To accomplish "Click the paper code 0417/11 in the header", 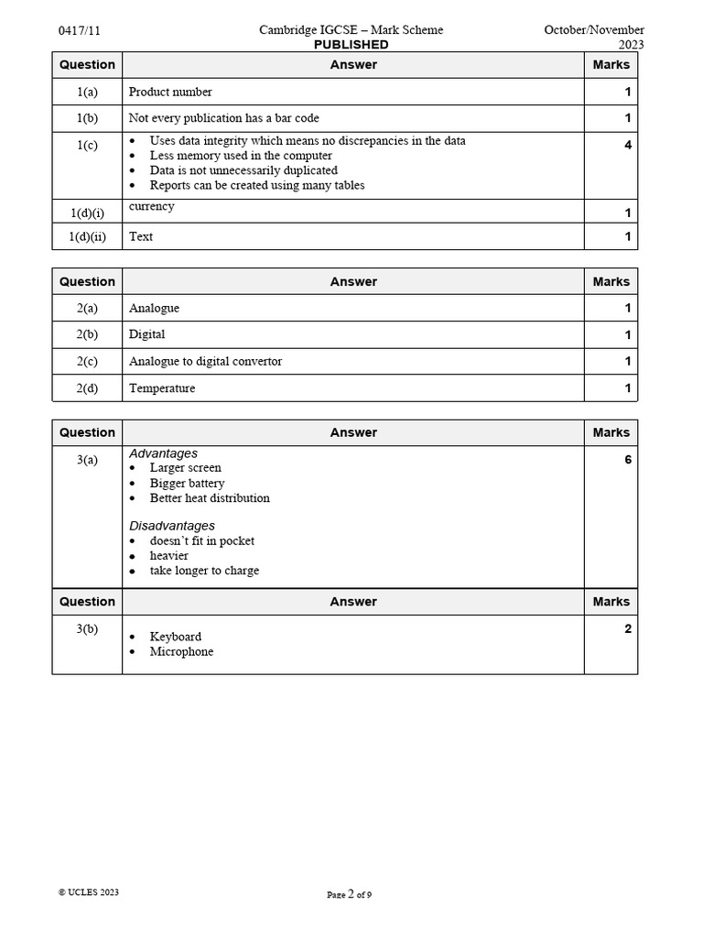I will pyautogui.click(x=79, y=30).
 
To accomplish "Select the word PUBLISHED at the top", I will pyautogui.click(x=351, y=45).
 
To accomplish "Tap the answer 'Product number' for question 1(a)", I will pyautogui.click(x=170, y=92).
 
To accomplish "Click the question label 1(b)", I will pyautogui.click(x=87, y=118).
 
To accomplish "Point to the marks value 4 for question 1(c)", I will pyautogui.click(x=627, y=145).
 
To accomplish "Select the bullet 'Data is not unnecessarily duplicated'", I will pyautogui.click(x=243, y=170).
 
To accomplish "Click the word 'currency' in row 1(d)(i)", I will pyautogui.click(x=152, y=206).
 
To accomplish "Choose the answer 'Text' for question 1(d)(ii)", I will pyautogui.click(x=141, y=236).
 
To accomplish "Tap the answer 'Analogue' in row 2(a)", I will pyautogui.click(x=154, y=308).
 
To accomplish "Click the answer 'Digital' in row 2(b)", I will pyautogui.click(x=147, y=334).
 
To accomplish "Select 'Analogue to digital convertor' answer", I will pyautogui.click(x=205, y=361).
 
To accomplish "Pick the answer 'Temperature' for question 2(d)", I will pyautogui.click(x=162, y=388).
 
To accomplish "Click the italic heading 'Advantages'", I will pyautogui.click(x=163, y=453).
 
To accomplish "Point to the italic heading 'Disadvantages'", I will pyautogui.click(x=172, y=526).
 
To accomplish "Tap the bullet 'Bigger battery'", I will pyautogui.click(x=187, y=483).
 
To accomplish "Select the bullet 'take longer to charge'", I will pyautogui.click(x=204, y=571).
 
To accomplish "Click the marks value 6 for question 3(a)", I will pyautogui.click(x=627, y=459).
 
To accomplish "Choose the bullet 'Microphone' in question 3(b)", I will pyautogui.click(x=181, y=651).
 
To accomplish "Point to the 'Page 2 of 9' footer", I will pyautogui.click(x=349, y=895).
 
